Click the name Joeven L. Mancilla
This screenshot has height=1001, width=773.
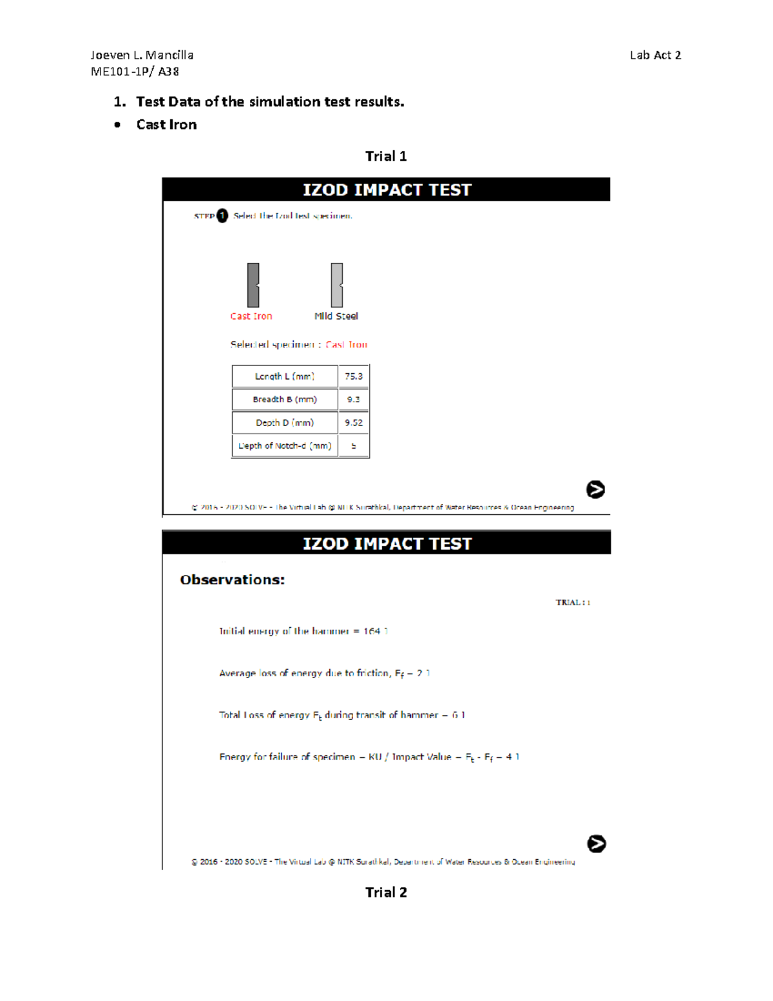pos(142,55)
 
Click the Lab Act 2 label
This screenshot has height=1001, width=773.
pos(655,55)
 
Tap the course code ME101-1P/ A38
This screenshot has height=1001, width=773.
pos(135,72)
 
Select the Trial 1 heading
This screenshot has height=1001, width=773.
pos(386,156)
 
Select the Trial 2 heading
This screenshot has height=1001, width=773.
pos(386,892)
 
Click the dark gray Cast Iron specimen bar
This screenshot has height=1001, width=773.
pos(253,285)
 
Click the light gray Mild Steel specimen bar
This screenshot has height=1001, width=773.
pos(337,285)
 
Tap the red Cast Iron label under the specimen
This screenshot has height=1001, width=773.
pos(251,316)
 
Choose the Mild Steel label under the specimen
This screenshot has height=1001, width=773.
pos(336,316)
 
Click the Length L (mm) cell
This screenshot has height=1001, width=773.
pos(285,376)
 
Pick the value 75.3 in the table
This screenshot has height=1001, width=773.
pos(354,376)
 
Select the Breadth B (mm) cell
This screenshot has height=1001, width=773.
pos(285,400)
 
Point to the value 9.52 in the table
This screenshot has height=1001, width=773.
pos(354,423)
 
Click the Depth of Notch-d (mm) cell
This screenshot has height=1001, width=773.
pos(285,446)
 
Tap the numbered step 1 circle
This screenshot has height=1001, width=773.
pos(222,216)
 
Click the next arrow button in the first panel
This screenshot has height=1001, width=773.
pos(595,490)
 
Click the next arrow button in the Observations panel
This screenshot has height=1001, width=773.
pos(596,844)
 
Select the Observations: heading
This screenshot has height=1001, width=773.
pos(232,579)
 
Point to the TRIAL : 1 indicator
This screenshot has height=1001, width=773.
pos(573,603)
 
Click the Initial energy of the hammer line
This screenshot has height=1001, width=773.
pos(303,631)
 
